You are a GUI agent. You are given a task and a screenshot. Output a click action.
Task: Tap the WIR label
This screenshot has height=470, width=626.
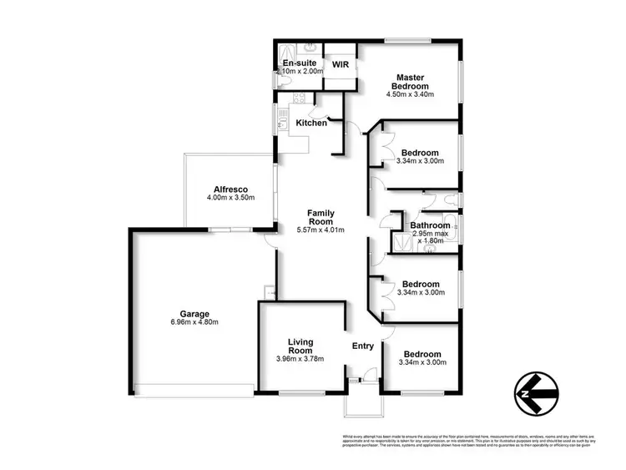[x=340, y=63]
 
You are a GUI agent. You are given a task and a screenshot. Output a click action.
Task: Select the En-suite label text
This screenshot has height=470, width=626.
[x=298, y=63]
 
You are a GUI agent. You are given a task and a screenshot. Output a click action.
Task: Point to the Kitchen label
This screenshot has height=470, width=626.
[x=311, y=123]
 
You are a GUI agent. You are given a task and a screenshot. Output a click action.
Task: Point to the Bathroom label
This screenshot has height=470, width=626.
[x=430, y=225]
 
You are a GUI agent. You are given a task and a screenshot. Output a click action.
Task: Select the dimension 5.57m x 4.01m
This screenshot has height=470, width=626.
[x=321, y=230]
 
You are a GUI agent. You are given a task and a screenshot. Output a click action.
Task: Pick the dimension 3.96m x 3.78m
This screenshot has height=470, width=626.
[x=300, y=359]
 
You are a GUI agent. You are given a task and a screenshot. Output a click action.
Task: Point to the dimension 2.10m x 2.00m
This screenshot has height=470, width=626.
[x=300, y=73]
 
